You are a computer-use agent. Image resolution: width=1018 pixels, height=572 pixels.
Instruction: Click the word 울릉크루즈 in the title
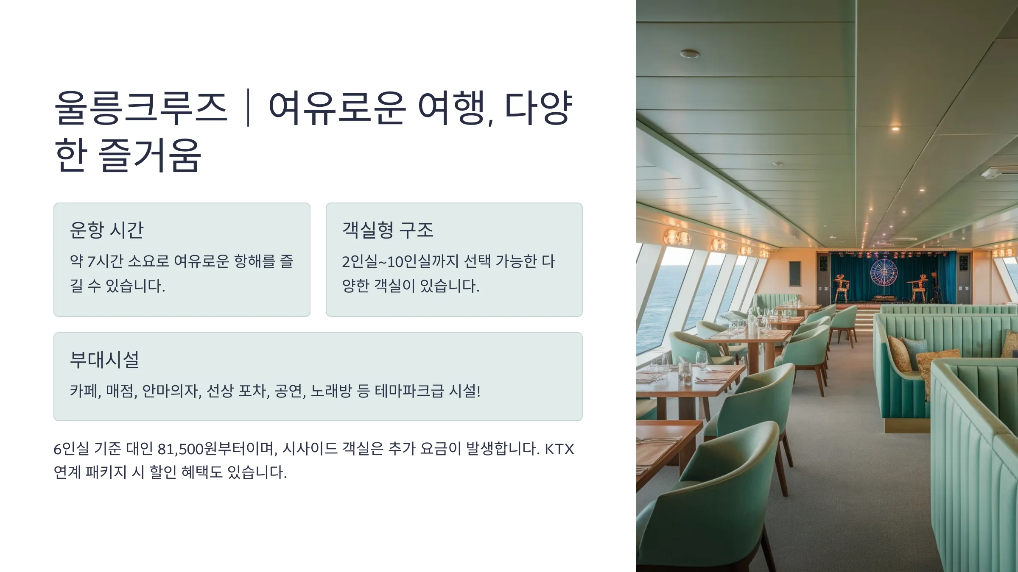[141, 108]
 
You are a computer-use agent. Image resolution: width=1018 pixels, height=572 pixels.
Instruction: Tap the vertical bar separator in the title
[248, 108]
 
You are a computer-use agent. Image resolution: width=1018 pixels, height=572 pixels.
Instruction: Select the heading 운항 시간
[107, 230]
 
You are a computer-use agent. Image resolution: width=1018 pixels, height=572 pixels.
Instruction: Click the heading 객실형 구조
[388, 230]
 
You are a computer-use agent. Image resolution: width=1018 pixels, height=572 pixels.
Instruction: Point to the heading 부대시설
[104, 360]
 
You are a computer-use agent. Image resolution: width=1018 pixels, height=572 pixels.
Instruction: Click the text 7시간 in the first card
[105, 261]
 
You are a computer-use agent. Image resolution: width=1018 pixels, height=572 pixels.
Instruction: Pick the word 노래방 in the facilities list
[331, 391]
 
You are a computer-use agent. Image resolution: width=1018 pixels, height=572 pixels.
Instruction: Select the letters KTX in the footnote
[559, 449]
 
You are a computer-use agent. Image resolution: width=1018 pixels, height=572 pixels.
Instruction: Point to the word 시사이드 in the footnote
[310, 449]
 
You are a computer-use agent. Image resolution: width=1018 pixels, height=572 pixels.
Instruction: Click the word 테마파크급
[409, 391]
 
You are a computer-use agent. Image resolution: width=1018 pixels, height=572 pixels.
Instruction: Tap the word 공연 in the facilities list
[290, 391]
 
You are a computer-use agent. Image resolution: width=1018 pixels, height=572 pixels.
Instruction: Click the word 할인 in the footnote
[163, 472]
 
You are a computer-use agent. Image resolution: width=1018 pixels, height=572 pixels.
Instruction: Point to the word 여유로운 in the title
[337, 108]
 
